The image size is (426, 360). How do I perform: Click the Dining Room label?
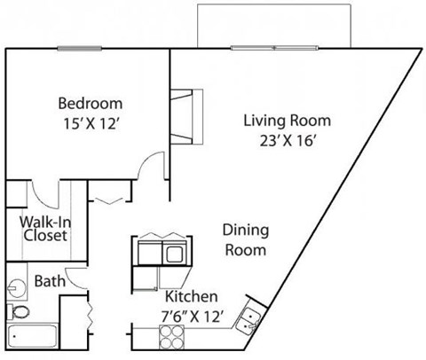pyautogui.click(x=244, y=239)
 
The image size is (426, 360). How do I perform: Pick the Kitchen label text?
pyautogui.click(x=188, y=297)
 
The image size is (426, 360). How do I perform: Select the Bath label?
pyautogui.click(x=49, y=281)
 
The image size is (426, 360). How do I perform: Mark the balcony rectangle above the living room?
pyautogui.click(x=276, y=25)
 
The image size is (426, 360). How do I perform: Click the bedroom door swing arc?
pyautogui.click(x=152, y=167)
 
